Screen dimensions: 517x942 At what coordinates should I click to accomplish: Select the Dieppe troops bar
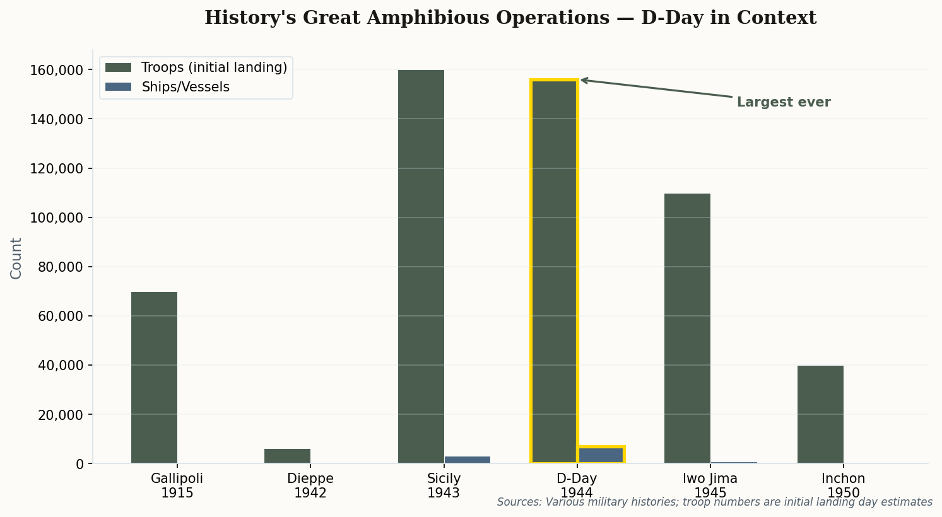pyautogui.click(x=287, y=456)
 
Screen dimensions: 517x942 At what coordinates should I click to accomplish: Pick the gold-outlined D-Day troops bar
pyautogui.click(x=554, y=271)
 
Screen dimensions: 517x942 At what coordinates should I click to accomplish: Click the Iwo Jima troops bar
pyautogui.click(x=687, y=328)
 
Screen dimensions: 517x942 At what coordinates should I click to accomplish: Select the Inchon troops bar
pyautogui.click(x=820, y=414)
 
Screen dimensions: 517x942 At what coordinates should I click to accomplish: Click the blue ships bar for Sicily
pyautogui.click(x=467, y=460)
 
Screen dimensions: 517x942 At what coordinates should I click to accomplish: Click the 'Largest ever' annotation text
pyautogui.click(x=783, y=102)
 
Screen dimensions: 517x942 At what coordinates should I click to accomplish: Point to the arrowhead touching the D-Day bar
pyautogui.click(x=584, y=80)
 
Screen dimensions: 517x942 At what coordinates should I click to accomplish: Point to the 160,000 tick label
pyautogui.click(x=57, y=70)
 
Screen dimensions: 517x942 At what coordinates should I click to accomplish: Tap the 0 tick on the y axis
pyautogui.click(x=79, y=464)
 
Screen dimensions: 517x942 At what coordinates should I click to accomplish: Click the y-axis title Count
pyautogui.click(x=16, y=258)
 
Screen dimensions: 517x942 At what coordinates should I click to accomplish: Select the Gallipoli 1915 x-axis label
pyautogui.click(x=177, y=485)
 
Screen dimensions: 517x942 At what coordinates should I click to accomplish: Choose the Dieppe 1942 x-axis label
pyautogui.click(x=310, y=485)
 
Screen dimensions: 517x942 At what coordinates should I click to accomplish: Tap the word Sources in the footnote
pyautogui.click(x=518, y=502)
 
